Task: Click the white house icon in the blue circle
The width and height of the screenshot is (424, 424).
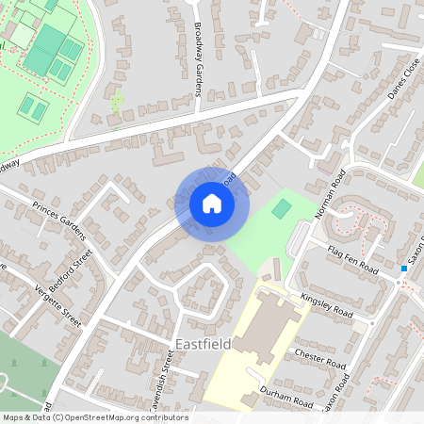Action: click(x=212, y=203)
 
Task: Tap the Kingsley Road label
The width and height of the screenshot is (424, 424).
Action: click(x=326, y=304)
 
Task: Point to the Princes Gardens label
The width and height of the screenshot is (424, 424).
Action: click(x=58, y=219)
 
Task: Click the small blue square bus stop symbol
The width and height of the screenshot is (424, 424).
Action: click(x=403, y=269)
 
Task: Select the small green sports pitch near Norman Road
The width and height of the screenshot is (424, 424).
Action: click(x=282, y=208)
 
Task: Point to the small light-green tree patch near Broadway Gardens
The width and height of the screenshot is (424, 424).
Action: click(x=117, y=101)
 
